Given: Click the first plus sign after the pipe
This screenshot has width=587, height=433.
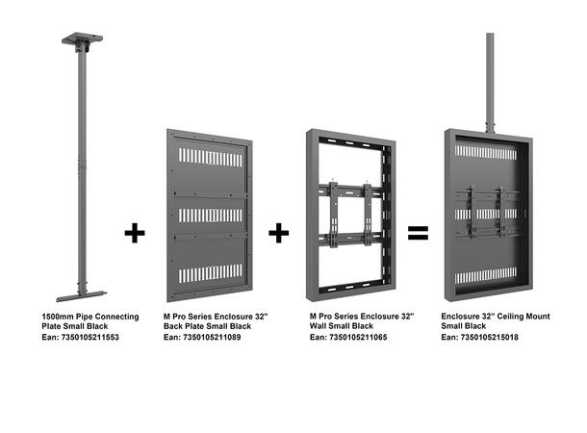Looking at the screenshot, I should coord(136,233).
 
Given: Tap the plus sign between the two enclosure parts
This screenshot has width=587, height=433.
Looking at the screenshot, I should coord(279,233).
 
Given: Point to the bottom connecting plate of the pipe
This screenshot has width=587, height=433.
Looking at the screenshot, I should coord(80,289).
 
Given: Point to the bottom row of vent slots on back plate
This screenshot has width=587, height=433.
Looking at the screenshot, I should coord(208,273).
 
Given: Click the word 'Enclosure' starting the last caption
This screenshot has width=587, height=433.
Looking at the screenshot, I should coord(462,317).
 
